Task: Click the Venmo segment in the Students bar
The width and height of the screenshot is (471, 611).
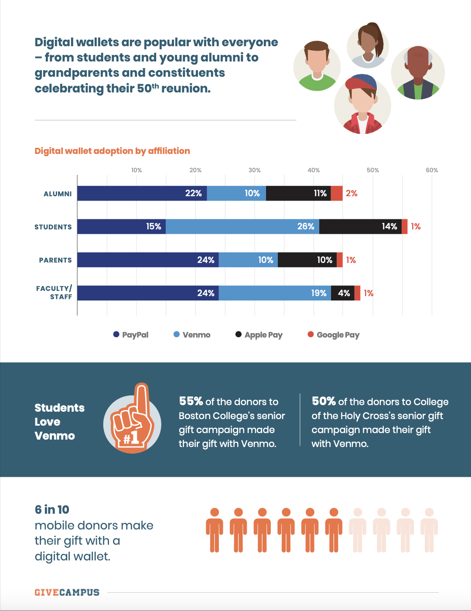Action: tap(242, 226)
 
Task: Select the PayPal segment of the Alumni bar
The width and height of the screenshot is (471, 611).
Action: tap(142, 193)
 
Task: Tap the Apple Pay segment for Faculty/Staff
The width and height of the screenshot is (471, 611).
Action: tap(342, 293)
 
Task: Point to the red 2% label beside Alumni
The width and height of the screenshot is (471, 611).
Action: tap(352, 193)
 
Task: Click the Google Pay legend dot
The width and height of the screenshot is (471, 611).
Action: tap(311, 335)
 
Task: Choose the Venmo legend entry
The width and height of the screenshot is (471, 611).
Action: tap(192, 335)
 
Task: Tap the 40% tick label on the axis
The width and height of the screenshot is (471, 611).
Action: tap(314, 170)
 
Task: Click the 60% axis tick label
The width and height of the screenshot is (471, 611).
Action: tap(432, 170)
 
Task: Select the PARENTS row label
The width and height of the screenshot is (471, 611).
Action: tap(55, 260)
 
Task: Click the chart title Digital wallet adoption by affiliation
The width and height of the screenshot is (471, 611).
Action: tap(112, 151)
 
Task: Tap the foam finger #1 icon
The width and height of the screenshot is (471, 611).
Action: tap(132, 418)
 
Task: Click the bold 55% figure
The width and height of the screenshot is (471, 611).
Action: tap(191, 401)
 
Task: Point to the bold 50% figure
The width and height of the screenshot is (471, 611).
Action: tap(324, 401)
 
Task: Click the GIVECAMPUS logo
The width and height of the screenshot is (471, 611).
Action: tap(67, 592)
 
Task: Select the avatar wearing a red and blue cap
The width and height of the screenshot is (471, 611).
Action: tap(362, 104)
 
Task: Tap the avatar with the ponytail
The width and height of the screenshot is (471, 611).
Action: tap(368, 45)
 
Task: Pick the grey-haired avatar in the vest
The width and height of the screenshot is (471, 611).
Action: tap(418, 72)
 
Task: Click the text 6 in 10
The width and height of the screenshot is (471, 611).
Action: tap(52, 509)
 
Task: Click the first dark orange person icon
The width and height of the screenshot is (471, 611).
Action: tap(215, 530)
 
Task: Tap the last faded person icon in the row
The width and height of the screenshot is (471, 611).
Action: tap(429, 530)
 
